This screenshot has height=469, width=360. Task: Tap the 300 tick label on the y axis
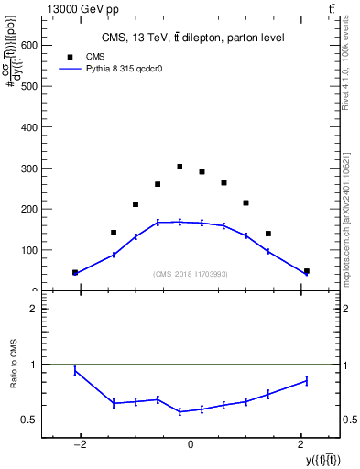(27, 169)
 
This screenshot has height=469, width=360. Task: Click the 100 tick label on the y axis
(27, 250)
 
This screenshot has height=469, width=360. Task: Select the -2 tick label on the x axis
(80, 445)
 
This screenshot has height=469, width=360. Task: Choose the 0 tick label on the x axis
(191, 445)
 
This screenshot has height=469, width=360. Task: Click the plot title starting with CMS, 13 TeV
(192, 38)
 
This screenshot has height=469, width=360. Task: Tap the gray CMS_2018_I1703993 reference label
(191, 274)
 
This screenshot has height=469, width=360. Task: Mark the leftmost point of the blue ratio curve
(75, 370)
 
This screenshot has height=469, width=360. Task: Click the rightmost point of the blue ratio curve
(306, 380)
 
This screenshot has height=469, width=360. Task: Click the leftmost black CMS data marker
(75, 272)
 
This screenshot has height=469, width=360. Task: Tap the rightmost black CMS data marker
(306, 271)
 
